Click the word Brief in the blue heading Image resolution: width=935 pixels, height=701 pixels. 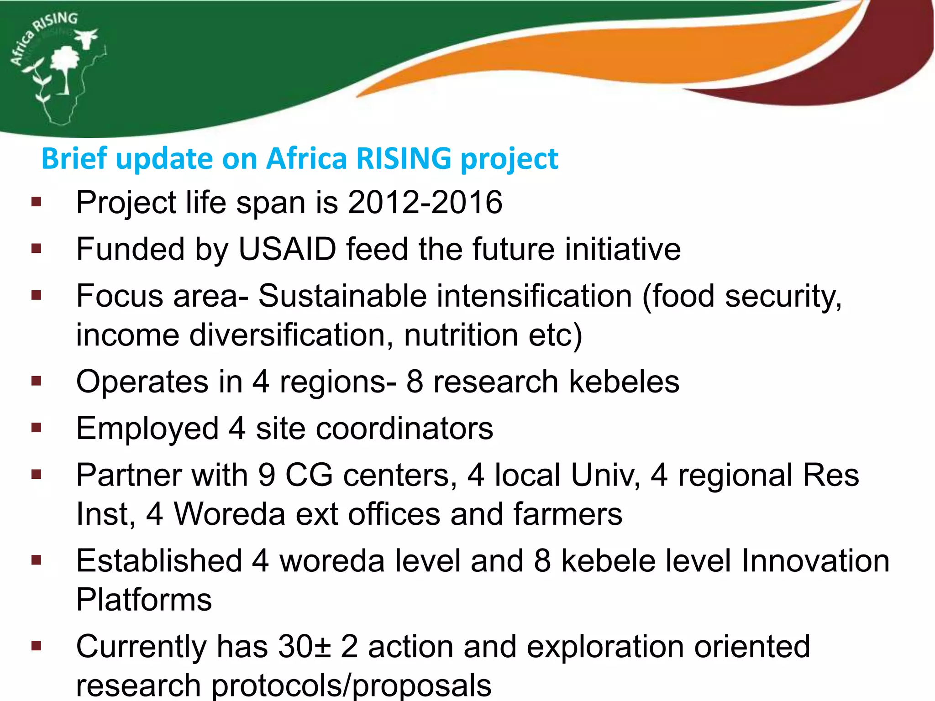74,158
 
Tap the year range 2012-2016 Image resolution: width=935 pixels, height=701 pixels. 425,202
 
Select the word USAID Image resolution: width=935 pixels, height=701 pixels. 287,249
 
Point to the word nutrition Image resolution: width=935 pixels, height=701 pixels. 461,335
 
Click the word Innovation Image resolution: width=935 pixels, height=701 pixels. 815,561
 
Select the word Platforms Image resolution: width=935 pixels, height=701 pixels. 144,600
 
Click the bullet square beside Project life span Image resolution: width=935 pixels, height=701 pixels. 36,202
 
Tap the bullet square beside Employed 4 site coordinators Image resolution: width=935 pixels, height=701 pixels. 36,428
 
